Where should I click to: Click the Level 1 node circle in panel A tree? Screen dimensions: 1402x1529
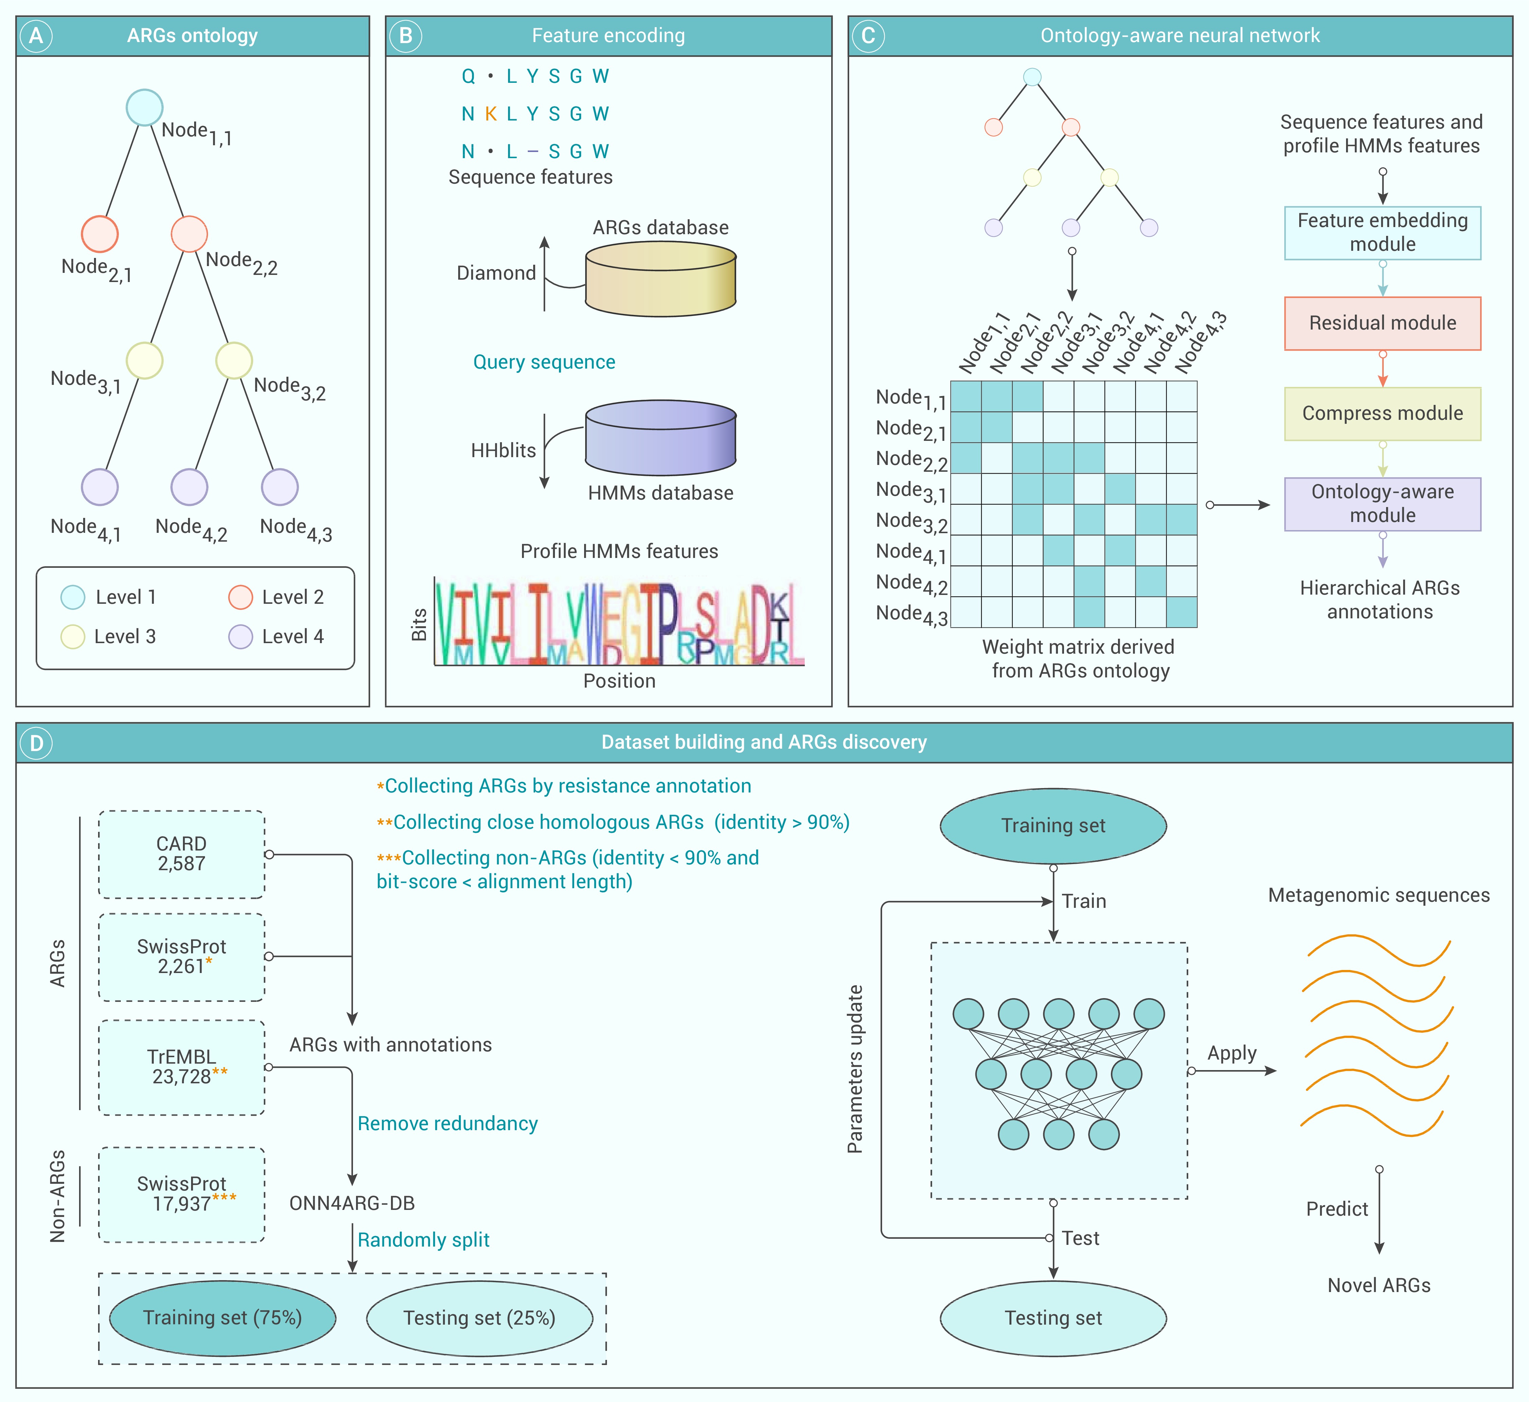coord(144,108)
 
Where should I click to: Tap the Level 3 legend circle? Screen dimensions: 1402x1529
coord(73,636)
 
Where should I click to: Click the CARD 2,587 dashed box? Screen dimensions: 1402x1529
coord(181,854)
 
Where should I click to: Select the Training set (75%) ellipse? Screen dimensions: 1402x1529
coord(222,1318)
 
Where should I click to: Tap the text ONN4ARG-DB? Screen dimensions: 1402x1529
coord(352,1203)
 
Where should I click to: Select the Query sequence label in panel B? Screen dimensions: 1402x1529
coord(544,362)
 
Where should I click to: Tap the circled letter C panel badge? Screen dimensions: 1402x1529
coord(868,36)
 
